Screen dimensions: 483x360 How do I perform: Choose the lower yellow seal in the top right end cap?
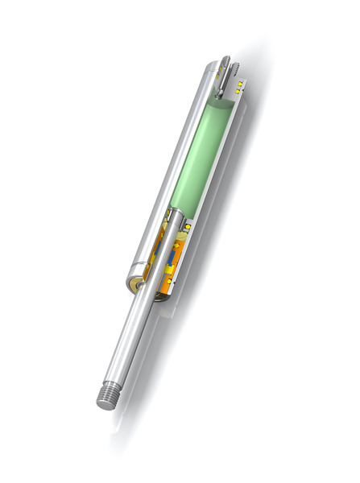(238, 92)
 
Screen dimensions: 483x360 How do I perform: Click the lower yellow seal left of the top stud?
(217, 76)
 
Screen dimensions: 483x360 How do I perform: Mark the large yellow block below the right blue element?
(171, 270)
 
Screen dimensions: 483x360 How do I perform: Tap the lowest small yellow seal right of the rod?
(169, 281)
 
